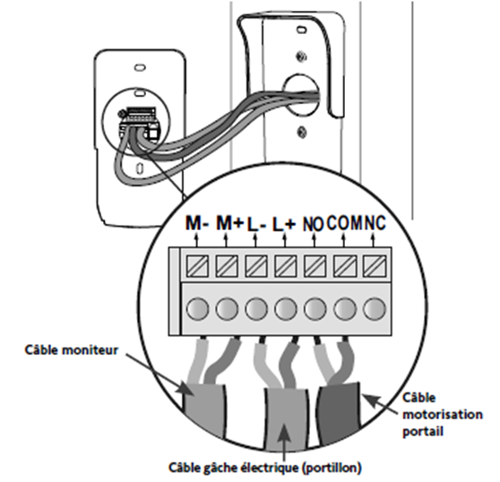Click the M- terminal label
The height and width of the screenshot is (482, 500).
[197, 223]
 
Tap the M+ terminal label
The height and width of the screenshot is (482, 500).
[229, 223]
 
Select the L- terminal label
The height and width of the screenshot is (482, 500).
[256, 224]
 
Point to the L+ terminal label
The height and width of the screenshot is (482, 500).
[284, 224]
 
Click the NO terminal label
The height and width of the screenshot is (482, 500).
[313, 224]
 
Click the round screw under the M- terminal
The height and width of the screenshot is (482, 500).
[197, 309]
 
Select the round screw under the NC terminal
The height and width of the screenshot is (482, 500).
[375, 309]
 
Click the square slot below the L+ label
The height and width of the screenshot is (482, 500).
[286, 266]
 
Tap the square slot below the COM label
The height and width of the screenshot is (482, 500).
[345, 266]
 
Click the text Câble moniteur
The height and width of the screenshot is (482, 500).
[72, 350]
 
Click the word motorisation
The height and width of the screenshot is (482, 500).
[443, 415]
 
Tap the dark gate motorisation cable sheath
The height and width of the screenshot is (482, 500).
[340, 411]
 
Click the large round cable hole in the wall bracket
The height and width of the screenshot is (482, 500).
[301, 94]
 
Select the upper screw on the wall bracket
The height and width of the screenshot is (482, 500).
[301, 56]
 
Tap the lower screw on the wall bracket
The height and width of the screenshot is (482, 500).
[302, 132]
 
